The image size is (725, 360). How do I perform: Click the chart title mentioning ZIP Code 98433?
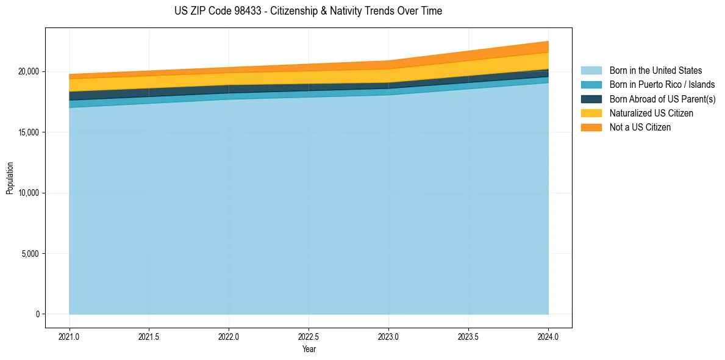[x=308, y=11]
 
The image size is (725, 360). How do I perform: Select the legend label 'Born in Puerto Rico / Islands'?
[x=662, y=85]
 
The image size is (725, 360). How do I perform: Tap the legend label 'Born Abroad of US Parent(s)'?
[x=662, y=99]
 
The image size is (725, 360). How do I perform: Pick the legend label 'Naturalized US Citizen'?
[x=651, y=113]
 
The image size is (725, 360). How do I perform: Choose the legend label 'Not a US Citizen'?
[x=640, y=128]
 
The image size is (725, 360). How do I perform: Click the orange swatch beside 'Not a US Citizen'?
[x=591, y=128]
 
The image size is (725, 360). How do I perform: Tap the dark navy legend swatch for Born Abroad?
[x=591, y=99]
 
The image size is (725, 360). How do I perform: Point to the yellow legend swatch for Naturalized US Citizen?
[x=591, y=113]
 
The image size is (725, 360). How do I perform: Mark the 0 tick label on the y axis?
[x=37, y=314]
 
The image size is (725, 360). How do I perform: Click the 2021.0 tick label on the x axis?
[x=70, y=336]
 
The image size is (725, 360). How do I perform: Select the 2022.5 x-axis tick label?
[x=309, y=336]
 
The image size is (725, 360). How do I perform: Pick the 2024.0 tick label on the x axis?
[x=548, y=336]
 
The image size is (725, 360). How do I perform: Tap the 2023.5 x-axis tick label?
[x=468, y=336]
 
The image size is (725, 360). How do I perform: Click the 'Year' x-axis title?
[x=309, y=349]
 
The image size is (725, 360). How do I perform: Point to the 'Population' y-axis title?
[x=10, y=178]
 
